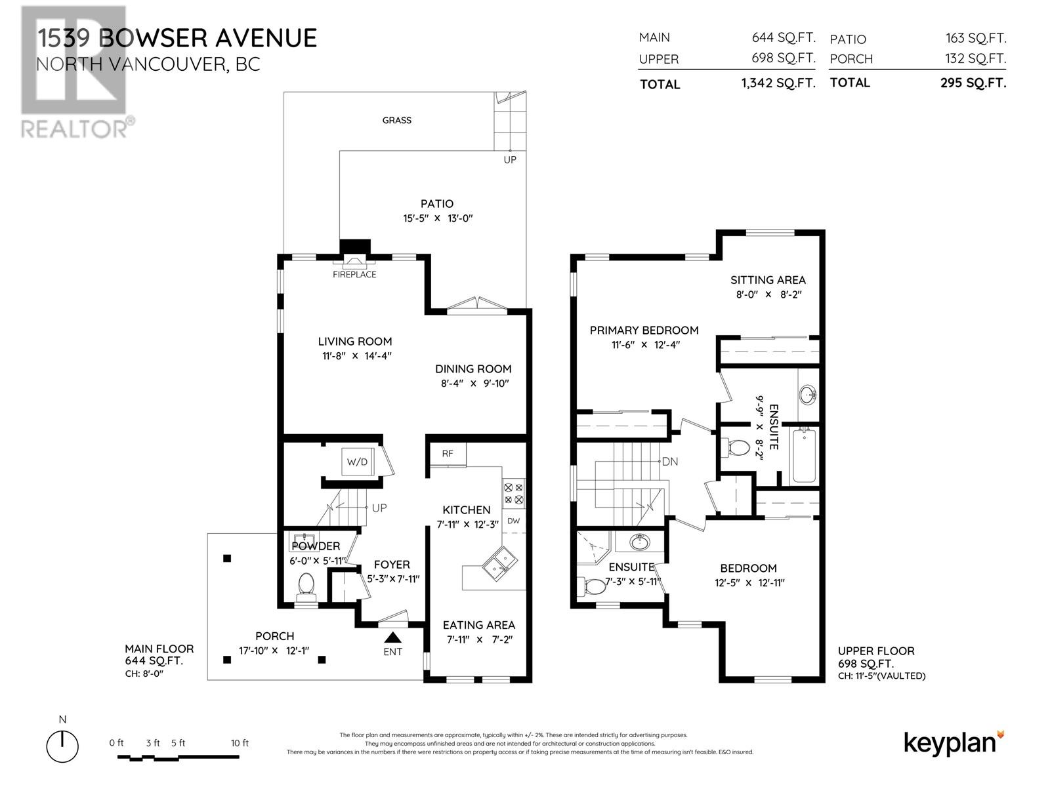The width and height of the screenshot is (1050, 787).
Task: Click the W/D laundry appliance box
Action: (x=358, y=462)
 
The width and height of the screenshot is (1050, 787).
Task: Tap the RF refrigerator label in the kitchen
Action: (x=448, y=453)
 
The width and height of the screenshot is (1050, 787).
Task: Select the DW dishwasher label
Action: (x=513, y=521)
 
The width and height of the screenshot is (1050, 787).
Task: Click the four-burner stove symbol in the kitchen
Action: (x=513, y=493)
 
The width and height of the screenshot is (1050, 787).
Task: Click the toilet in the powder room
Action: (x=306, y=585)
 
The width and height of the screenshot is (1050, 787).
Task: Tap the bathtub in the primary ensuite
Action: (x=804, y=455)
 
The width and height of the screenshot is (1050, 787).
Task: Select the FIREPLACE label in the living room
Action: (x=354, y=274)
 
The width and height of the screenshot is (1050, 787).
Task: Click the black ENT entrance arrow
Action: (x=392, y=637)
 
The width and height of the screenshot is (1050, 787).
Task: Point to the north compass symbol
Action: (x=62, y=745)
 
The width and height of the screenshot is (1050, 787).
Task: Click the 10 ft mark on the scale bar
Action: (x=240, y=743)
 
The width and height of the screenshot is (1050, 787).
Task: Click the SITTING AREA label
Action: (x=768, y=280)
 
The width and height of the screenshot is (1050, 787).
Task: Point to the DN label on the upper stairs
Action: (x=670, y=462)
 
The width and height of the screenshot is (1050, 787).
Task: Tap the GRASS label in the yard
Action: (x=397, y=120)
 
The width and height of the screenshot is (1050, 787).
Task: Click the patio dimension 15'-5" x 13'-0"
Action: (x=438, y=218)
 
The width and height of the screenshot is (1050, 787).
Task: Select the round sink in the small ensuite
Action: (x=639, y=542)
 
